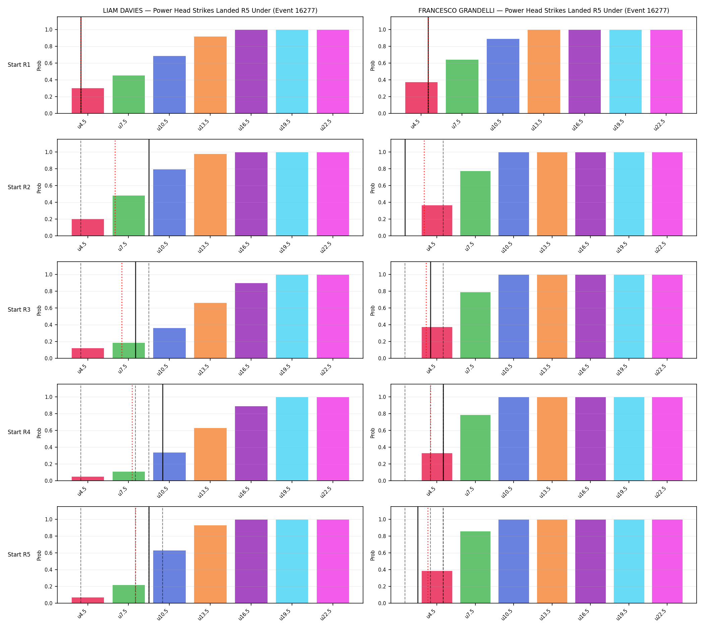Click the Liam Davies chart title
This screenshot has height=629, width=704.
tap(210, 11)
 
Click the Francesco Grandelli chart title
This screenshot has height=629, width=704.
tap(544, 11)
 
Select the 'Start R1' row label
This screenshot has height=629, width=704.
tap(19, 65)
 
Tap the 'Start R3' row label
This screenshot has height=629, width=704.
tap(19, 310)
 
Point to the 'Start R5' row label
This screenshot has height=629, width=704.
tap(19, 554)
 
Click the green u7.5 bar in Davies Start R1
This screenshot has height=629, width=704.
tap(128, 94)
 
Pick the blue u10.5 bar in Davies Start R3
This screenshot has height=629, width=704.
tap(169, 343)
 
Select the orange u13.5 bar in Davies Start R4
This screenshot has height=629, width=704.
tap(210, 454)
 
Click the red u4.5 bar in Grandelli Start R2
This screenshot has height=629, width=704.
tap(436, 220)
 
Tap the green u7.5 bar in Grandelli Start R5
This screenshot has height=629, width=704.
tap(475, 567)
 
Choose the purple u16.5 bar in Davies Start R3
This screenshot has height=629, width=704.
tap(251, 321)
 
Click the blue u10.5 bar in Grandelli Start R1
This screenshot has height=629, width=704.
tap(503, 76)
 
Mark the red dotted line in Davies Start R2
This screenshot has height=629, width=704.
tap(115, 188)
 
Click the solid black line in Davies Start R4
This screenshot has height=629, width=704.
tap(163, 432)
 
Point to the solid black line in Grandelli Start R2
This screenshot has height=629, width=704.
tap(405, 188)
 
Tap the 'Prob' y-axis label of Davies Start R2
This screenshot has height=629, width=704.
tap(39, 188)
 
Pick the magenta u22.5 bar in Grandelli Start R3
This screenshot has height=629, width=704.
tap(667, 317)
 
